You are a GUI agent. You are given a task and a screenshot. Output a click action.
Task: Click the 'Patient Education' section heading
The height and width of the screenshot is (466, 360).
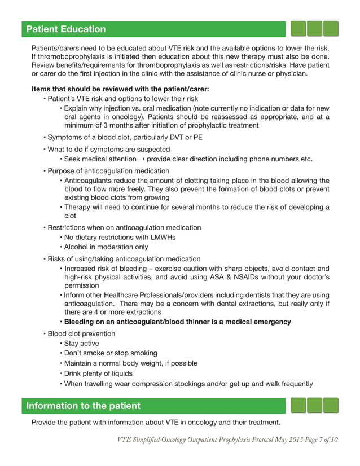(x=65, y=29)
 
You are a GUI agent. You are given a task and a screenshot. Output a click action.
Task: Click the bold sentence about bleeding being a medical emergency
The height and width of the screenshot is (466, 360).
(x=178, y=322)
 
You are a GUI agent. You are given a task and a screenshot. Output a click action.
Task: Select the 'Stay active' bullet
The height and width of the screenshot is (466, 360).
(x=82, y=344)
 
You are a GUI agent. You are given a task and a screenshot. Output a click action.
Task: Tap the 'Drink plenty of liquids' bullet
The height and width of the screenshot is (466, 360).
(x=98, y=373)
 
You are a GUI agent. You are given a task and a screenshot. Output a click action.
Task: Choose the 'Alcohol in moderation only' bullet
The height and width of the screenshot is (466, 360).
(x=106, y=247)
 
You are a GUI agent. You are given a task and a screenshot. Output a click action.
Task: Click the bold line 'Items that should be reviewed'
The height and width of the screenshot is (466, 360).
(x=120, y=89)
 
